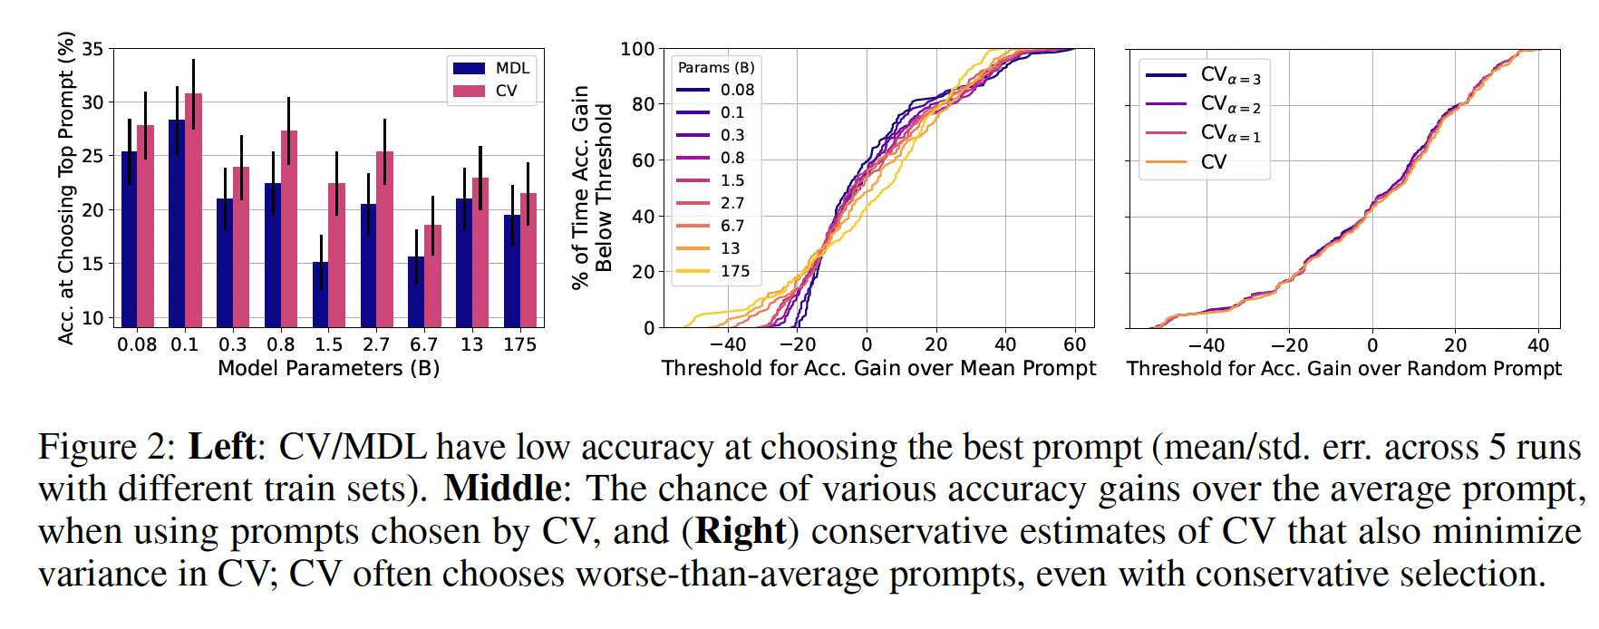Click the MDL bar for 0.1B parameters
point(177,223)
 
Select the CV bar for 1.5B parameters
point(336,255)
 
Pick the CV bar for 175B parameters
point(528,260)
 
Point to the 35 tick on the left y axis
point(92,49)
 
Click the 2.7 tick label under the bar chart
point(375,344)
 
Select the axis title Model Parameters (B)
point(328,368)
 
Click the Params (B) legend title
point(716,68)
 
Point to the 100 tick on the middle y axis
point(637,49)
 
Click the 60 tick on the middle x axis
point(1074,344)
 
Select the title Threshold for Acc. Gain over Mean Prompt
point(878,368)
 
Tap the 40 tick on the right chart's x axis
point(1538,345)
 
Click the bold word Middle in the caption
point(501,489)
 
